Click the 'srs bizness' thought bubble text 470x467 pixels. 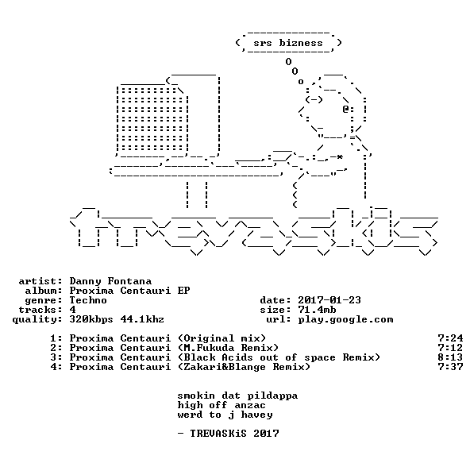point(288,43)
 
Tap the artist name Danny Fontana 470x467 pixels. point(110,281)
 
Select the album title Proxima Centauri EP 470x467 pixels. point(129,291)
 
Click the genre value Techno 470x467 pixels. point(88,300)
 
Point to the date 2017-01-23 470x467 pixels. point(329,300)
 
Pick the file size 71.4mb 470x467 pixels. point(317,310)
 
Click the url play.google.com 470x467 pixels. point(345,320)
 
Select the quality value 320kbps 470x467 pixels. point(91,320)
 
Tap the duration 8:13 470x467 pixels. point(450,357)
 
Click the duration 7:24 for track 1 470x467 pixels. point(450,338)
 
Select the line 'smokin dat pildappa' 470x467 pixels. point(237,396)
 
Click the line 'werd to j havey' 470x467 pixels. point(225,415)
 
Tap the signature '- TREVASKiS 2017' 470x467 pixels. point(228,434)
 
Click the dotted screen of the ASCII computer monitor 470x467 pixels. point(152,119)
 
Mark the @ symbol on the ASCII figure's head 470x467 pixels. point(345,110)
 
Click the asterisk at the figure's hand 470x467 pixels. point(339,157)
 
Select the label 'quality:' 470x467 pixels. point(37,320)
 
